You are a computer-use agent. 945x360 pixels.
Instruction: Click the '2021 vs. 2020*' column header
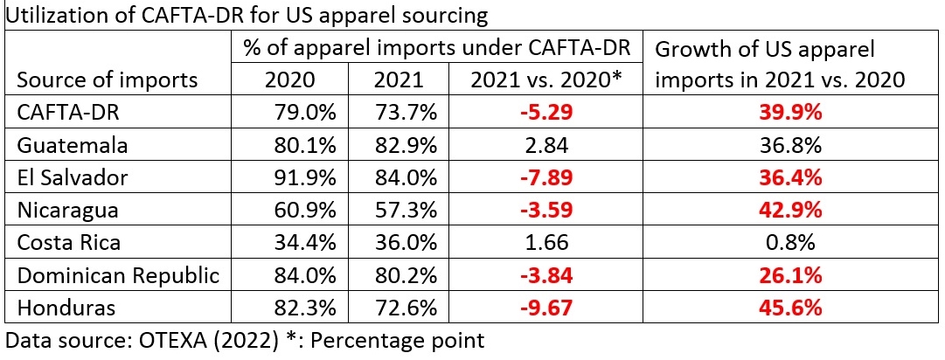(545, 80)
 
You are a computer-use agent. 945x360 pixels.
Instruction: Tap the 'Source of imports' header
(108, 80)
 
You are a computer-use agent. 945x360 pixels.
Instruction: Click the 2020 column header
(289, 80)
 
